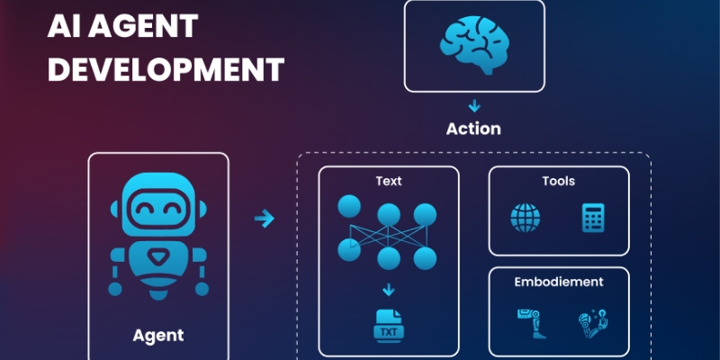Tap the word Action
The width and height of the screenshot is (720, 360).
[x=473, y=128]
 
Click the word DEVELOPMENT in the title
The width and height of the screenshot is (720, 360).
[x=166, y=68]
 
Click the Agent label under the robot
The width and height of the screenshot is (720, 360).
[x=158, y=336]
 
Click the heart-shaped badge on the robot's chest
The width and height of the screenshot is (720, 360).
[x=158, y=257]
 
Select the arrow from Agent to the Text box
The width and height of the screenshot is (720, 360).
[x=264, y=218]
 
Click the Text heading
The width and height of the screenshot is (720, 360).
[x=389, y=181]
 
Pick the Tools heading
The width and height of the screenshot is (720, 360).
[x=558, y=181]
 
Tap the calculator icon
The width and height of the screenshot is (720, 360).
[x=592, y=217]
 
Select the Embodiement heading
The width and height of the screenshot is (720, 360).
[x=558, y=282]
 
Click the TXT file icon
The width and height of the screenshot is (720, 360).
[x=389, y=326]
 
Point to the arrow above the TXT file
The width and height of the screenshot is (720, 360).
[x=389, y=290]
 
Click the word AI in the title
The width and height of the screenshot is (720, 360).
[x=66, y=27]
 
